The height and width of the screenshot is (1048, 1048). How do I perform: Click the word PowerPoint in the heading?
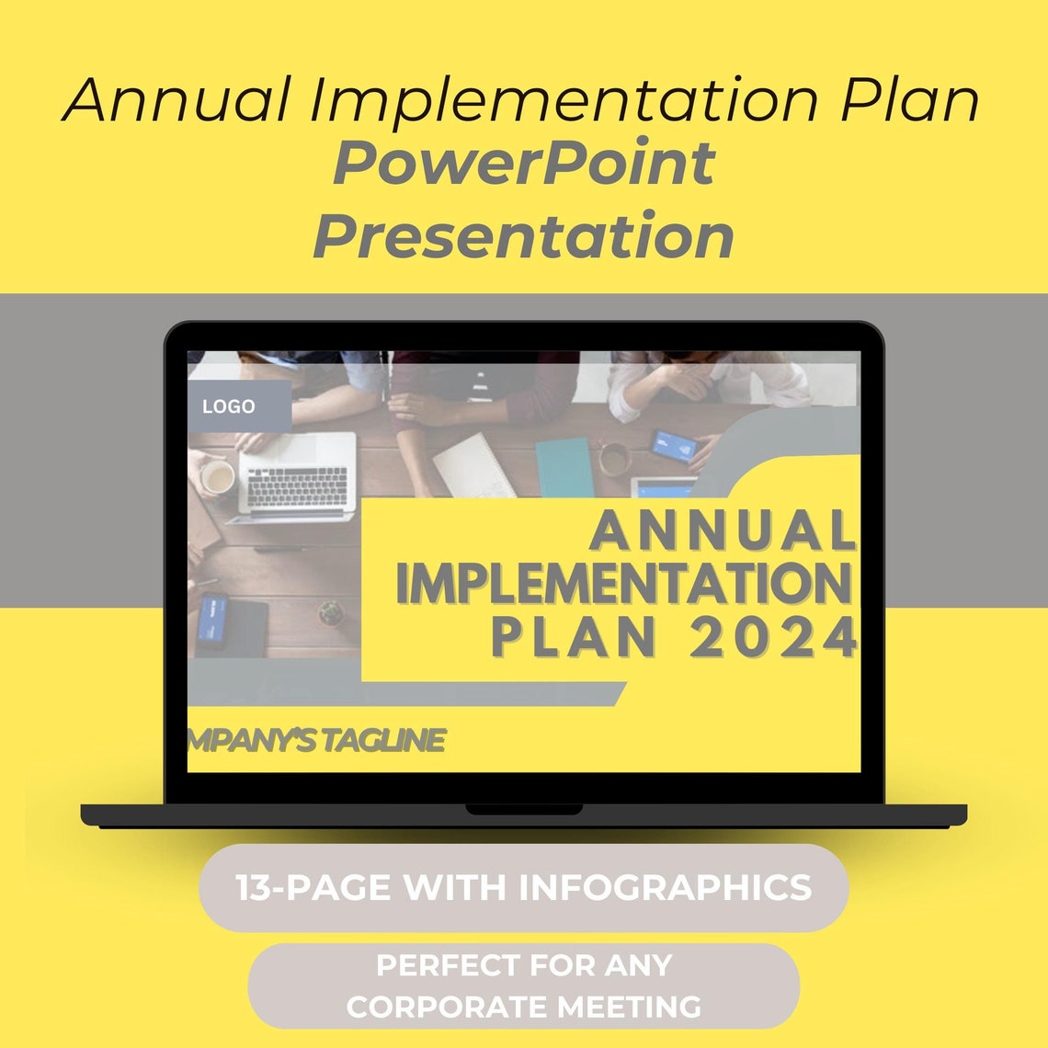tap(523, 163)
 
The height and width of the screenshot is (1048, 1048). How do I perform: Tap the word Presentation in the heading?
tap(523, 235)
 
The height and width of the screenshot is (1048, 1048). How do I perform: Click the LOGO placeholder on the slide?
tap(229, 406)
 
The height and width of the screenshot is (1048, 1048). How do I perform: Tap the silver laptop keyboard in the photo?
tap(296, 483)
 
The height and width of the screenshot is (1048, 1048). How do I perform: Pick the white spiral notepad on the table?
tap(474, 465)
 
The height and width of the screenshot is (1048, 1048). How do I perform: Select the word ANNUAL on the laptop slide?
tap(723, 531)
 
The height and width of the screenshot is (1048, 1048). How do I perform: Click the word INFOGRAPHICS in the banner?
tap(665, 888)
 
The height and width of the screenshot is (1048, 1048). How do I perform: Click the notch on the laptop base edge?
tap(523, 810)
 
